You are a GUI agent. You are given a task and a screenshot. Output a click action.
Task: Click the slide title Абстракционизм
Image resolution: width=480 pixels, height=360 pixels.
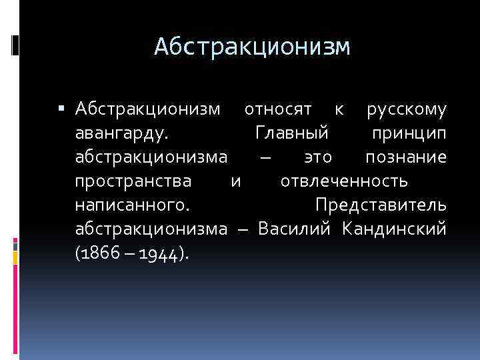tap(252, 47)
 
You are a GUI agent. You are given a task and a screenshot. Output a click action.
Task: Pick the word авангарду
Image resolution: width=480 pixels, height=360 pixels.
tap(121, 133)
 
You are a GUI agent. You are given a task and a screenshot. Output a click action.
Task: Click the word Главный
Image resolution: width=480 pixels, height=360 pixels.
tap(292, 133)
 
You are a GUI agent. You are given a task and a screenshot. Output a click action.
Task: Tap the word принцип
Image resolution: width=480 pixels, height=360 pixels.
tap(409, 133)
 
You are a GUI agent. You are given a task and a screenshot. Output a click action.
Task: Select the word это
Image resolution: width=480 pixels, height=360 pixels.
tap(317, 157)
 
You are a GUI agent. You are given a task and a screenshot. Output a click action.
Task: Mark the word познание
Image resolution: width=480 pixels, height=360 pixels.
tap(406, 157)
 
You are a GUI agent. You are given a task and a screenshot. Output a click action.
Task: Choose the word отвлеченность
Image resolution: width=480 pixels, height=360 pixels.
tap(345, 181)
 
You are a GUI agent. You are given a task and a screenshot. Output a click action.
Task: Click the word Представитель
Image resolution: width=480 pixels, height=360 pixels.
tap(381, 205)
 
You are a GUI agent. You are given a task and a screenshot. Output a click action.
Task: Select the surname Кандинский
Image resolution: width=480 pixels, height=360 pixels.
tap(394, 229)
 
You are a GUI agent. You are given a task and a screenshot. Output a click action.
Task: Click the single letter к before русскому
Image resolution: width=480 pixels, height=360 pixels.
tap(339, 109)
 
